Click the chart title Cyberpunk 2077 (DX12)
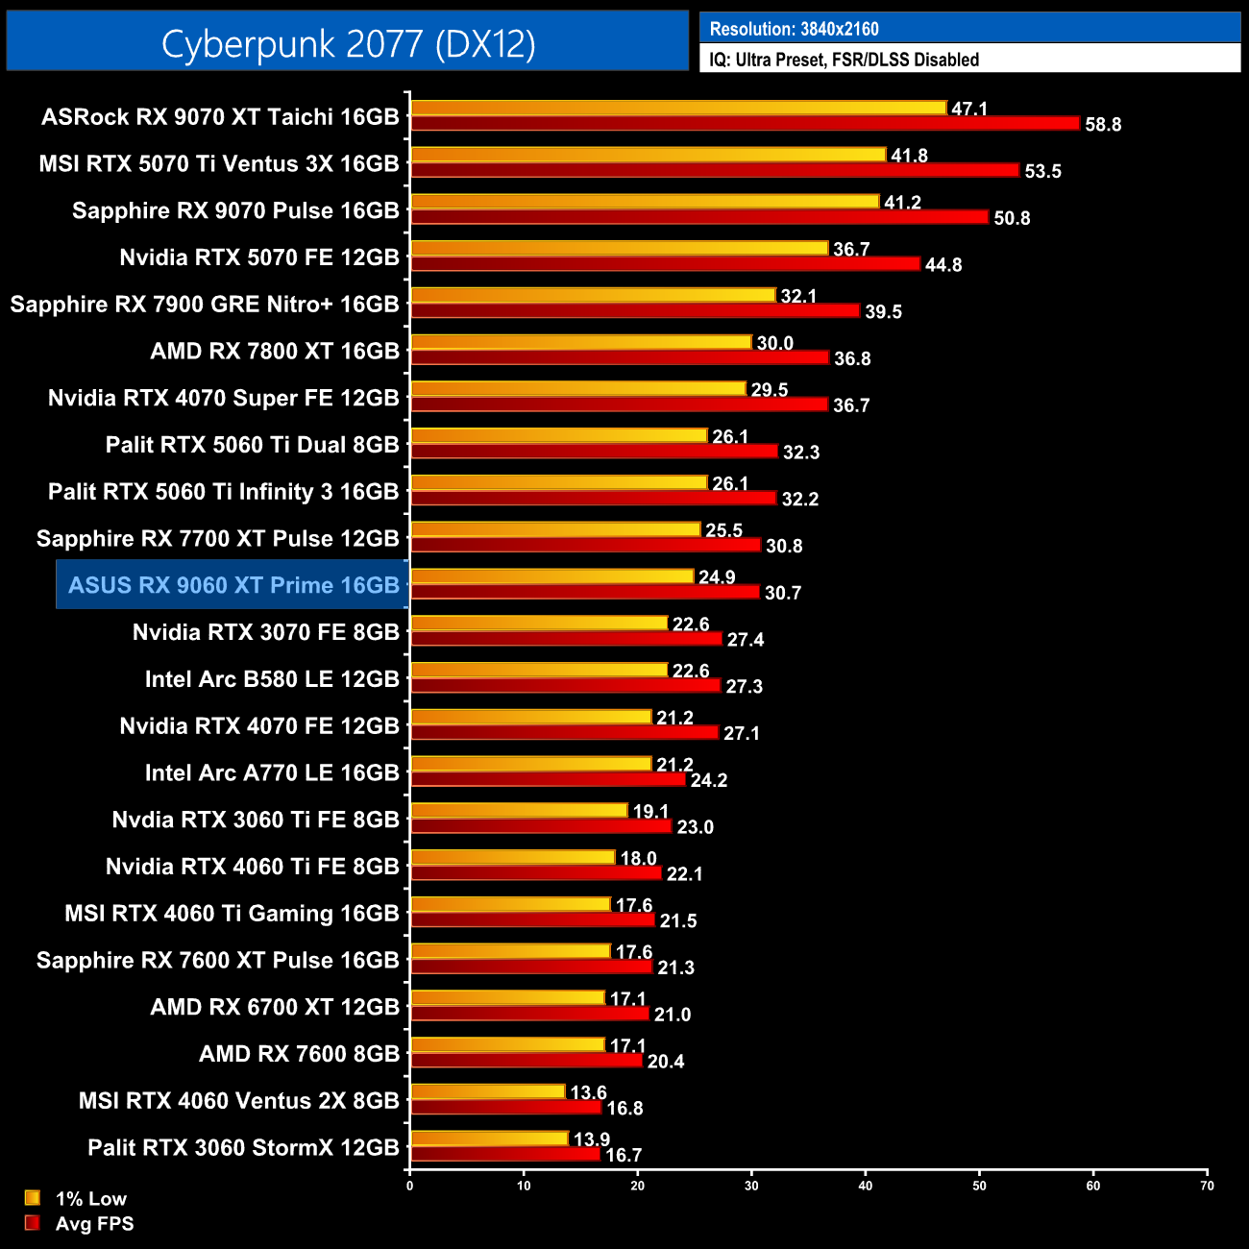click(x=348, y=43)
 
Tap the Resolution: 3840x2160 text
click(x=794, y=29)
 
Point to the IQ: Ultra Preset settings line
click(x=844, y=60)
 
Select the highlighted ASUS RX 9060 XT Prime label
click(x=233, y=585)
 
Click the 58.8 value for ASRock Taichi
click(x=1103, y=125)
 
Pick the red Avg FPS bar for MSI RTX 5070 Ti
click(x=714, y=170)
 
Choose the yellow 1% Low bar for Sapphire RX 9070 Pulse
click(x=644, y=202)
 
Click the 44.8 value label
click(x=943, y=265)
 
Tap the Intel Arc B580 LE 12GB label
click(x=272, y=679)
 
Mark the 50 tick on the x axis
click(x=979, y=1186)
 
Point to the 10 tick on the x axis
click(x=524, y=1186)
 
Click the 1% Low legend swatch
click(x=33, y=1198)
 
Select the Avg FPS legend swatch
click(x=33, y=1223)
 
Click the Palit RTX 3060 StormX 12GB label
click(x=243, y=1148)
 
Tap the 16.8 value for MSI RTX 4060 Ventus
click(x=624, y=1109)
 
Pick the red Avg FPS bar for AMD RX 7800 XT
click(x=619, y=357)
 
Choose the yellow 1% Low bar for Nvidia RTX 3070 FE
click(x=538, y=624)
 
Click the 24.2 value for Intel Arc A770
click(x=709, y=780)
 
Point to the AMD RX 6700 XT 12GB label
click(x=275, y=1007)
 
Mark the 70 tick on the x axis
click(x=1207, y=1186)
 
